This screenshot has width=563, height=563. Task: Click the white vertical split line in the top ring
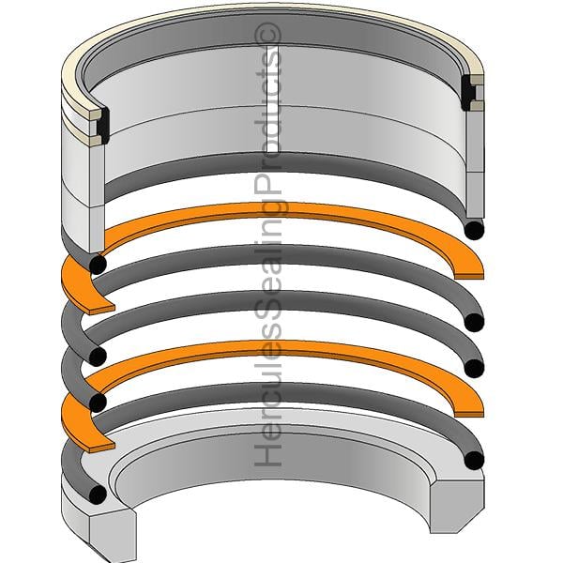[273, 99]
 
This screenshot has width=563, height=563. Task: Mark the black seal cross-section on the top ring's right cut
[468, 93]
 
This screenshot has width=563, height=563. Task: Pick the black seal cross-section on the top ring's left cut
[104, 126]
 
